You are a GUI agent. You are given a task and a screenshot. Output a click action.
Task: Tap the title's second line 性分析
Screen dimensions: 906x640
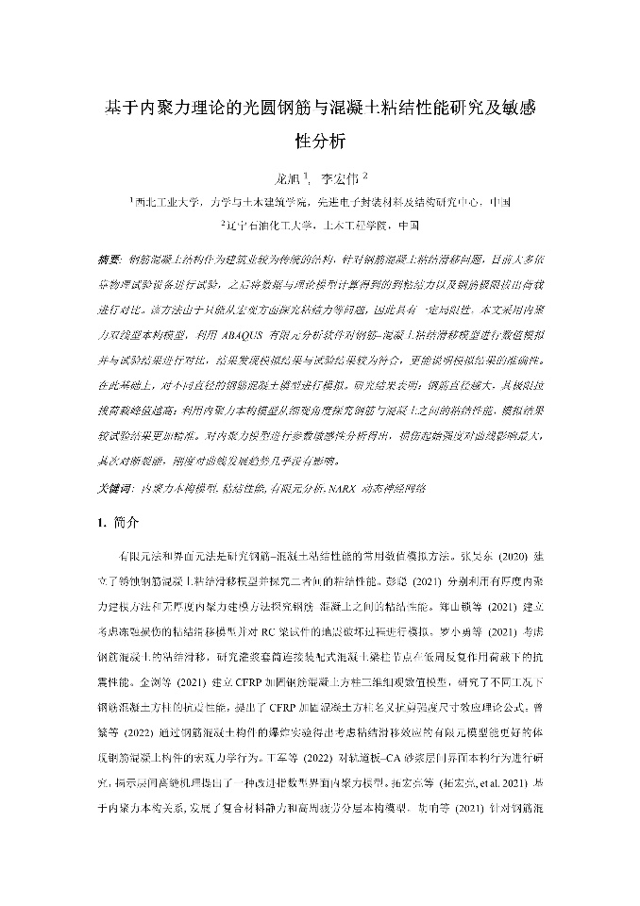click(x=320, y=143)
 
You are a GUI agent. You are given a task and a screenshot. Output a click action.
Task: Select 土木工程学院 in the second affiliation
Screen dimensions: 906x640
click(x=348, y=226)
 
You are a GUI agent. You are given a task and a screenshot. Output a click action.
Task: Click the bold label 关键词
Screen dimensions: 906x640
click(x=114, y=489)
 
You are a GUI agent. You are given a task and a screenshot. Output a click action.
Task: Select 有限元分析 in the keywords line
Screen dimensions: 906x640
click(x=291, y=489)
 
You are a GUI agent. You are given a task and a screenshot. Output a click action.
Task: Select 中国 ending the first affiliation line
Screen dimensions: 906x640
click(x=500, y=202)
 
